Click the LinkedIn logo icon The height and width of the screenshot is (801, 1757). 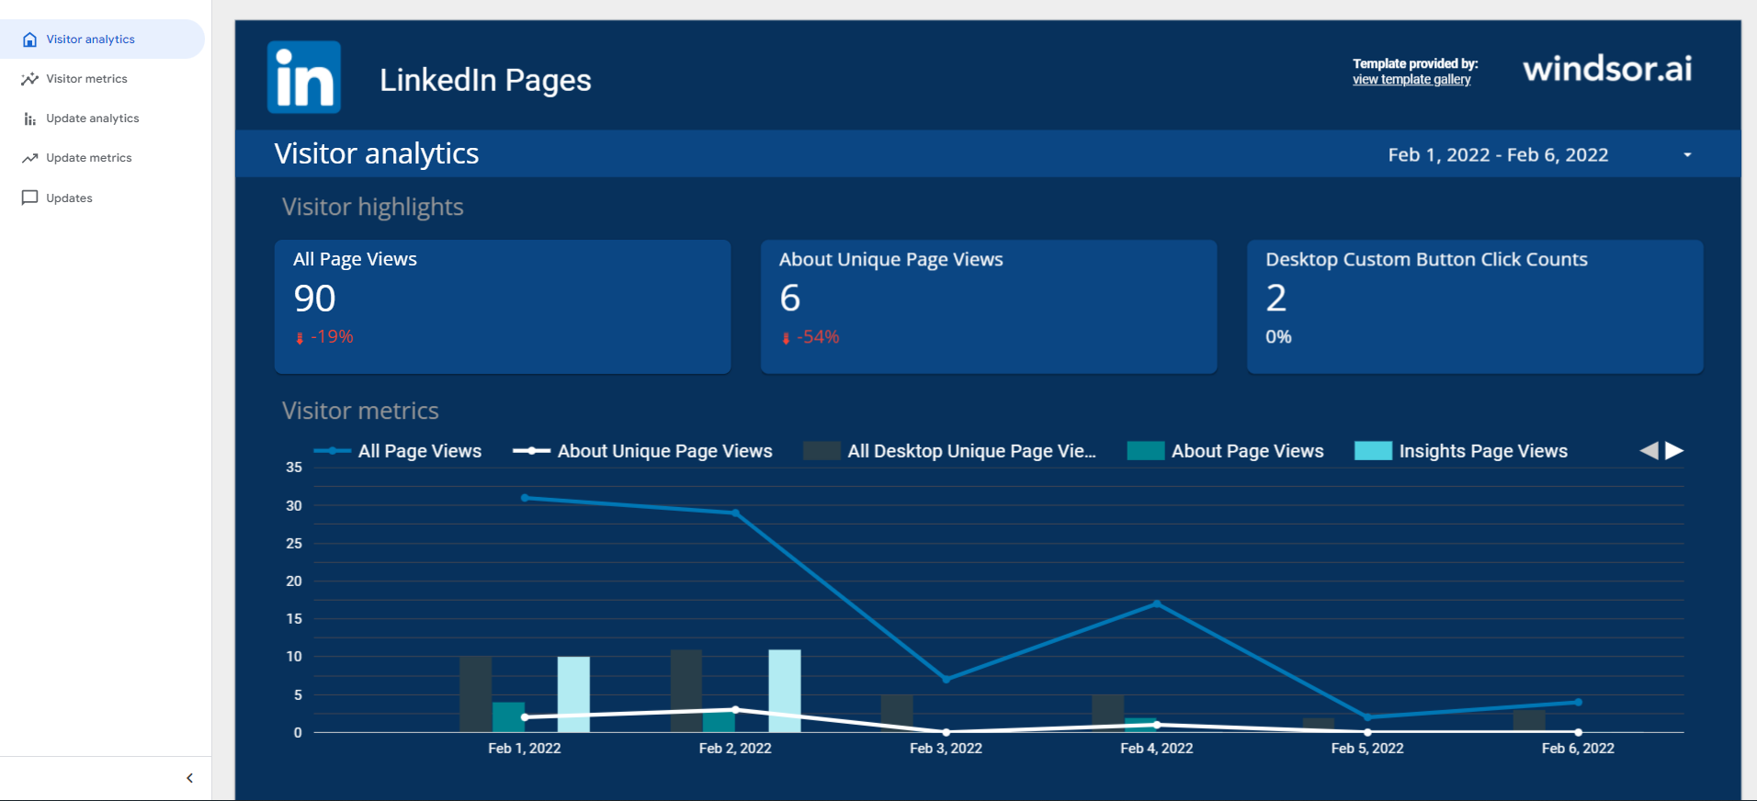tap(304, 77)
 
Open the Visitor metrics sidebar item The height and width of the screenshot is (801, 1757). tap(86, 79)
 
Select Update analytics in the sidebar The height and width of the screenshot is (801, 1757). tap(92, 118)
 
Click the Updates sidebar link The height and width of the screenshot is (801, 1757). tap(69, 198)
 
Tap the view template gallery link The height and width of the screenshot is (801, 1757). tap(1411, 80)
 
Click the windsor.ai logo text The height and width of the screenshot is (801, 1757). tap(1607, 69)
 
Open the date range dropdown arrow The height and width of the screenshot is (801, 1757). tap(1687, 155)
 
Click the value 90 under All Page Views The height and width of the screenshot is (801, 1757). tap(314, 299)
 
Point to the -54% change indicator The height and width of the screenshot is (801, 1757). tap(816, 337)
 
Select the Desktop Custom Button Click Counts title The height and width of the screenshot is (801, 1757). tap(1426, 260)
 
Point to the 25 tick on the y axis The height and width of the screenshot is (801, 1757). tap(294, 544)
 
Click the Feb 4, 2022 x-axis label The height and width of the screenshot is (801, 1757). tap(1156, 749)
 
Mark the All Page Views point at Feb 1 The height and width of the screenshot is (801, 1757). tap(525, 498)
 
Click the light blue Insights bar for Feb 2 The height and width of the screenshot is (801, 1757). tap(784, 691)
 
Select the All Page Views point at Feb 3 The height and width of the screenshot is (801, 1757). tap(946, 680)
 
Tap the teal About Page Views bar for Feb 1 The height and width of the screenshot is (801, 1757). tap(508, 716)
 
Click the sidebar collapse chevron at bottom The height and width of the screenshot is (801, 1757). tap(189, 778)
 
